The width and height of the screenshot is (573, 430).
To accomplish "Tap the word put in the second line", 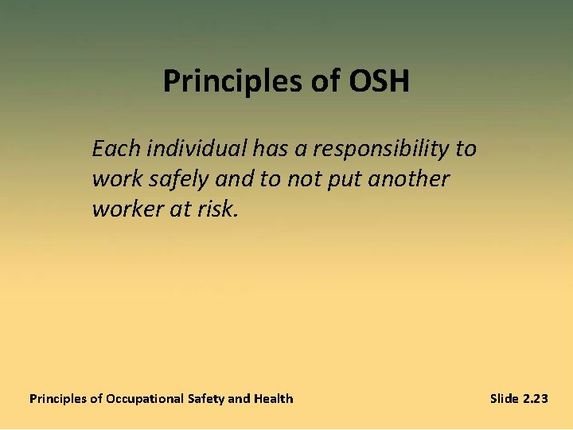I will (x=341, y=179).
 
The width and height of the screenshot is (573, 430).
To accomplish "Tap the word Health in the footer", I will (x=273, y=398).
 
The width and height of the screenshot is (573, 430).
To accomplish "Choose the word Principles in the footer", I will (x=57, y=398).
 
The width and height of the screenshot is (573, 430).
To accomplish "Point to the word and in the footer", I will (x=239, y=398).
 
